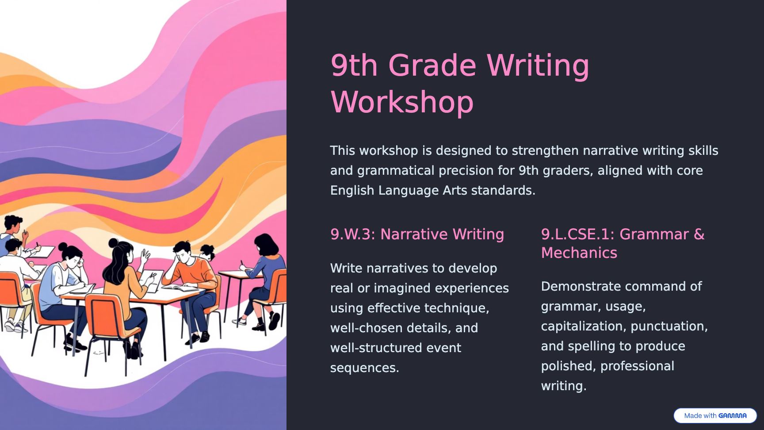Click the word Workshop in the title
[x=402, y=102]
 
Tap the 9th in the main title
[x=354, y=65]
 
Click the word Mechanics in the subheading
[x=579, y=253]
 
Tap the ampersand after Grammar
[x=699, y=234]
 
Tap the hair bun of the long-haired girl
[x=113, y=243]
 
